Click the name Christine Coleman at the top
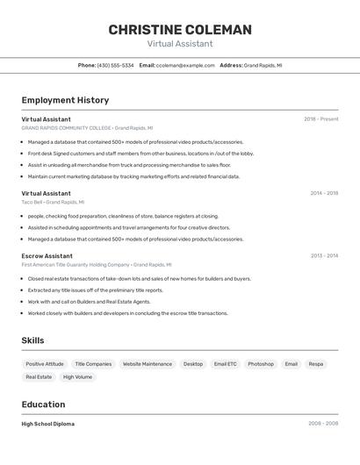(180, 30)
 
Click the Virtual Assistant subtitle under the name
(180, 44)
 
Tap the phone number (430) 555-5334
(115, 65)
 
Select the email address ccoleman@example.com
(185, 65)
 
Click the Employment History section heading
(65, 100)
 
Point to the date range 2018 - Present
(320, 118)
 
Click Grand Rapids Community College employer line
(87, 127)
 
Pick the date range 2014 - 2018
(323, 193)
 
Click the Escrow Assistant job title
(47, 256)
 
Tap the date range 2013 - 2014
(323, 256)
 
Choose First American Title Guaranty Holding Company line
(97, 264)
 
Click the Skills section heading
(32, 340)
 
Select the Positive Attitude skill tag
(45, 364)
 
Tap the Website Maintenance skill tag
(148, 364)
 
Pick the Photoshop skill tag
(261, 364)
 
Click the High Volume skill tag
(77, 377)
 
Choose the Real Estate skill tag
(39, 377)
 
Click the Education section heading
(43, 404)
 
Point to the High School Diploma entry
(47, 424)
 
